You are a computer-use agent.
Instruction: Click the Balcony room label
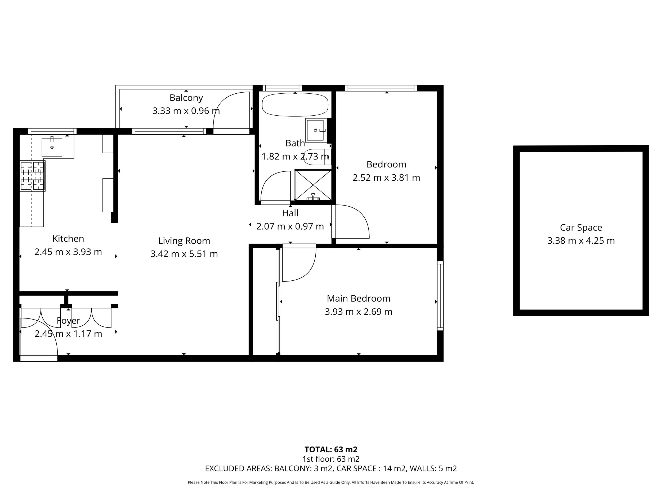[186, 98]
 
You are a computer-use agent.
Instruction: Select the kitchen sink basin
[52, 147]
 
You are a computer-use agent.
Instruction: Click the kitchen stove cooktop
[32, 176]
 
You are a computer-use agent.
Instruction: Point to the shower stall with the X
[313, 185]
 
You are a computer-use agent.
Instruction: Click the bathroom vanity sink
[316, 130]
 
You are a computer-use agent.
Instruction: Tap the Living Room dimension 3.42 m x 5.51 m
[184, 254]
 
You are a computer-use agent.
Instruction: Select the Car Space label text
[581, 228]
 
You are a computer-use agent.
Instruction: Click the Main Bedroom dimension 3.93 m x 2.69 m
[358, 312]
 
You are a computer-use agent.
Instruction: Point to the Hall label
[290, 213]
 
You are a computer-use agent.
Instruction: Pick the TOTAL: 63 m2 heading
[331, 449]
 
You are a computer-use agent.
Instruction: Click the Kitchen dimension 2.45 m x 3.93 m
[68, 252]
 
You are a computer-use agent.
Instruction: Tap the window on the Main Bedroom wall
[440, 296]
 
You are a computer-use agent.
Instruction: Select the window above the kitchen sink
[52, 131]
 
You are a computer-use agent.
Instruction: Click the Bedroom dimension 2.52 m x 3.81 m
[386, 178]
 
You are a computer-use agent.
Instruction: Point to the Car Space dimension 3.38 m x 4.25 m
[581, 241]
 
